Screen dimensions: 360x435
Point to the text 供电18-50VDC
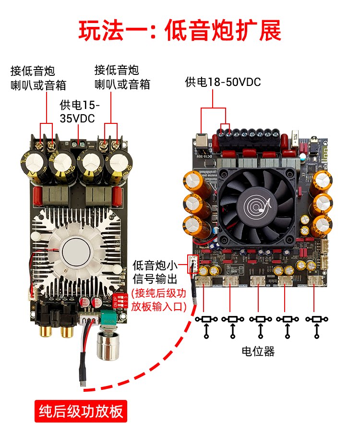pos(223,82)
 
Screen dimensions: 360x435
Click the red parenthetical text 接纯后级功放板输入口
pos(159,300)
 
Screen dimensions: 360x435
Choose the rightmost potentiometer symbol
pos(316,319)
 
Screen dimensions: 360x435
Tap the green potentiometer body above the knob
pos(108,317)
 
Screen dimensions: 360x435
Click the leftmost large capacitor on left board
pos(33,166)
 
